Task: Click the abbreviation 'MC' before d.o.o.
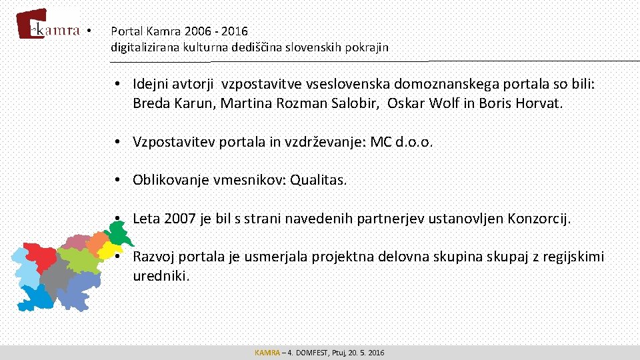(x=380, y=141)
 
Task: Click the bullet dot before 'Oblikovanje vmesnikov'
(x=116, y=180)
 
